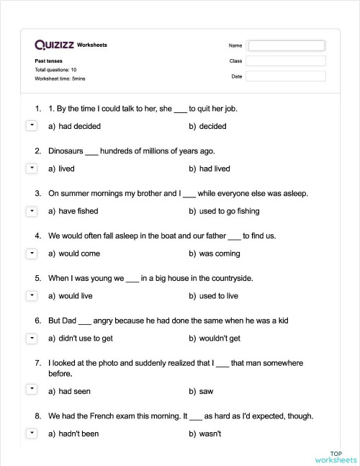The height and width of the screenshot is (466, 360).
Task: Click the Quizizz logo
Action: pos(53,45)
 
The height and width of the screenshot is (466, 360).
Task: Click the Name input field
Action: pos(287,45)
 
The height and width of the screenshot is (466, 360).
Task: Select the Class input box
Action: pos(287,61)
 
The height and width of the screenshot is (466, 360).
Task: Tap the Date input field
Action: pos(287,76)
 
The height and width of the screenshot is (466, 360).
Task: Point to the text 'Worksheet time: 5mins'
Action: pos(60,78)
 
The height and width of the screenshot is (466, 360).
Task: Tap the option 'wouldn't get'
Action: pos(220,339)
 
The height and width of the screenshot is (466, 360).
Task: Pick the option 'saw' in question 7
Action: pos(205,391)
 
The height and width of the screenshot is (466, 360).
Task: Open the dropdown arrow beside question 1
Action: pos(31,126)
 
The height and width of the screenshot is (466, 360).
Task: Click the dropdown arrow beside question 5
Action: pos(31,296)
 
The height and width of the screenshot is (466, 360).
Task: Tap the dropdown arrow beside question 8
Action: pos(31,434)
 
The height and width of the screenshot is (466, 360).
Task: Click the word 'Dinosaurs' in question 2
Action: pos(66,151)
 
